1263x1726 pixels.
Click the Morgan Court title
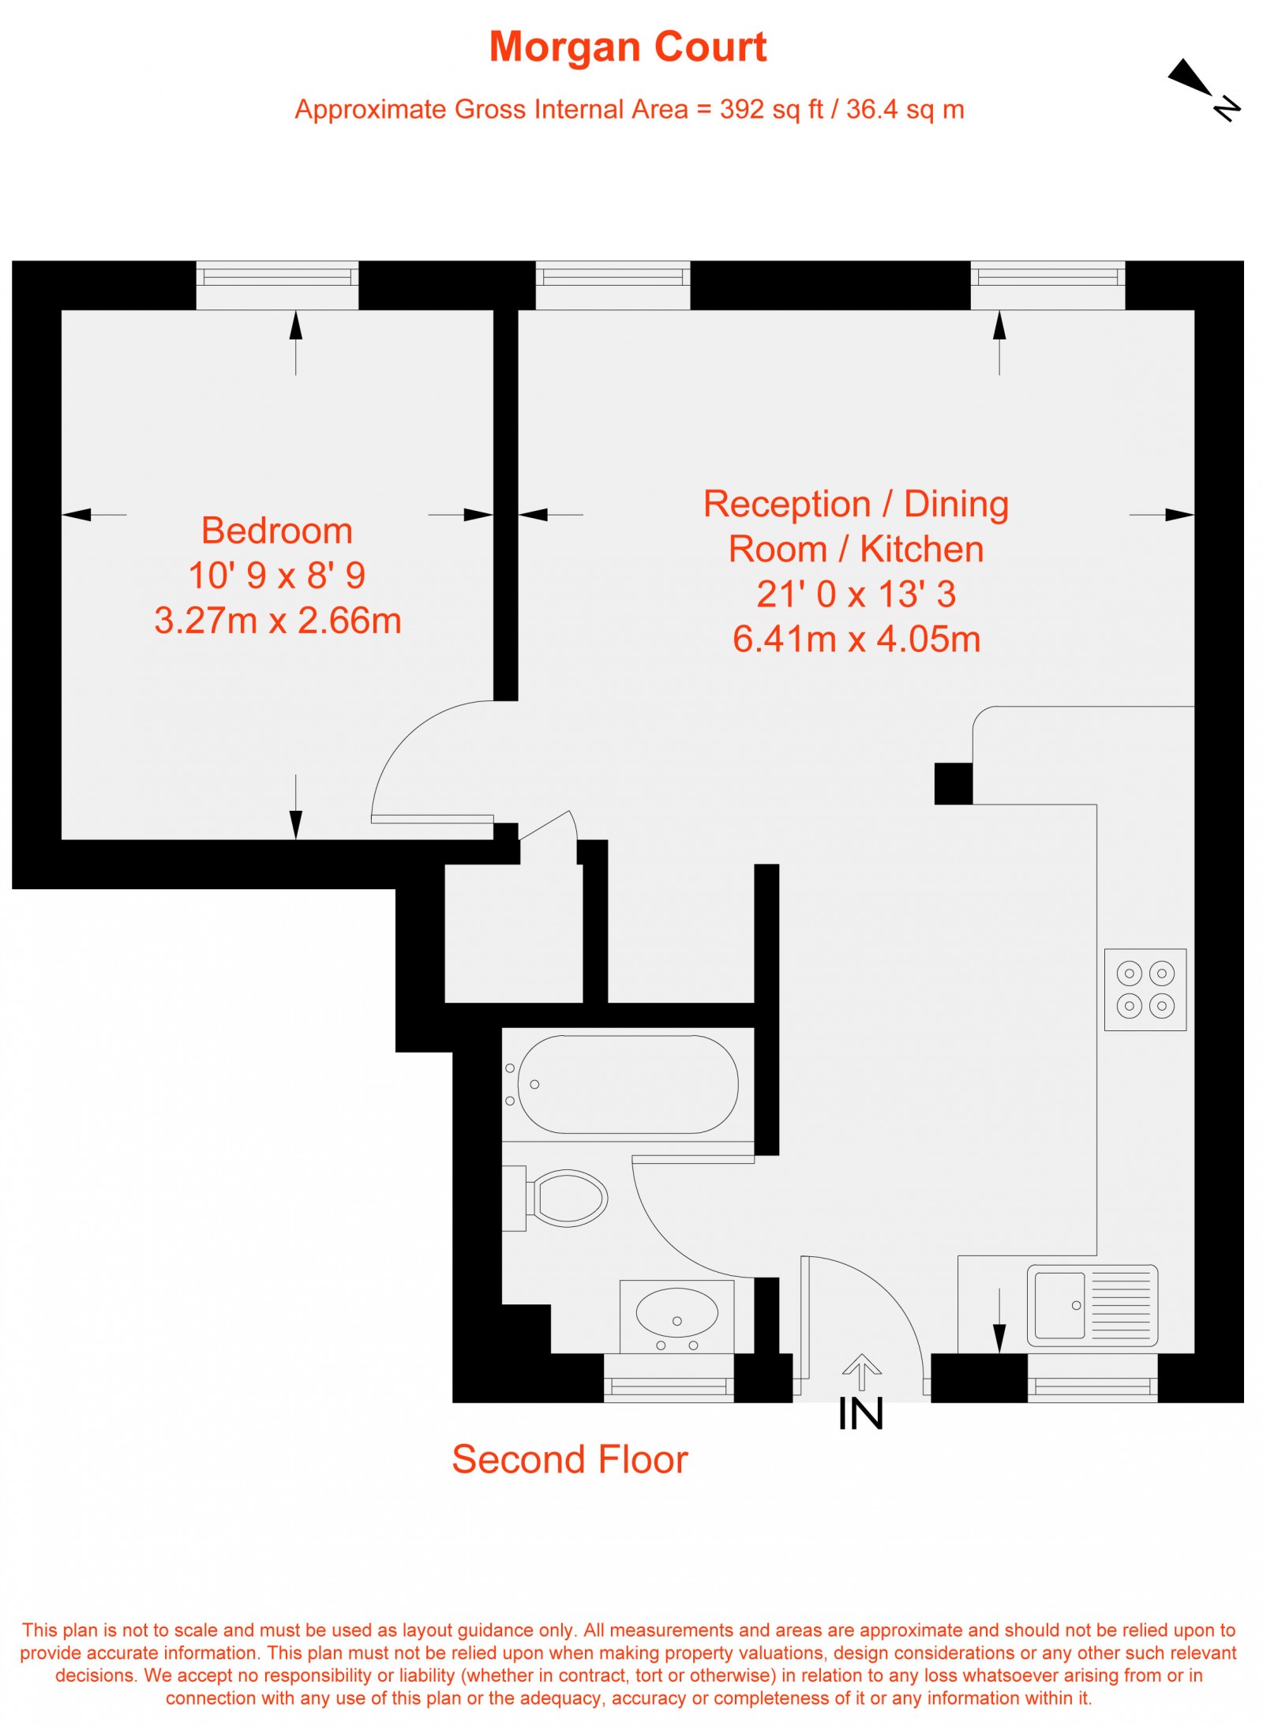pos(628,47)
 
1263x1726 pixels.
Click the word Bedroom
pos(276,531)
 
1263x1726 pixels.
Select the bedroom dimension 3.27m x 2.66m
pos(278,621)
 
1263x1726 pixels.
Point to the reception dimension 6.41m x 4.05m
pos(856,640)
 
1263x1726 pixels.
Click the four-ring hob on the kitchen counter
pos(1145,989)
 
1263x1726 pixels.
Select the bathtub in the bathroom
pos(628,1084)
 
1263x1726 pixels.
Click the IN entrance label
pos(860,1414)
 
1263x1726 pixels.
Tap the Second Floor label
pos(569,1459)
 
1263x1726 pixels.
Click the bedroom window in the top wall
pos(277,277)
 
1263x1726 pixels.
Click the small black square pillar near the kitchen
pos(953,783)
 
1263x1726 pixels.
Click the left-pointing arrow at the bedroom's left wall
pos(77,515)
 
